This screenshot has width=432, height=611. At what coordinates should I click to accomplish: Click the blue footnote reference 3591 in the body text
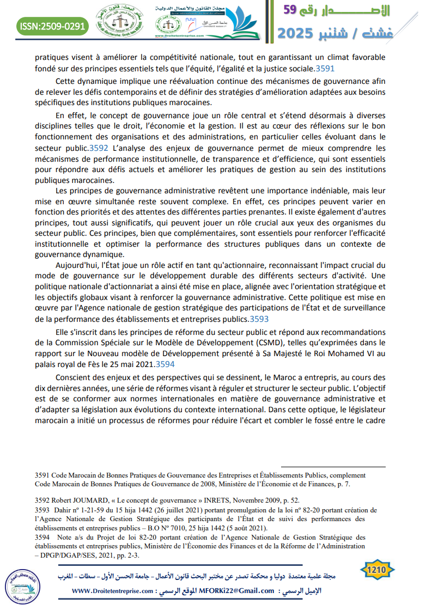325,69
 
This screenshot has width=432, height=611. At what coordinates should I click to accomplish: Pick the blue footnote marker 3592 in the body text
99,148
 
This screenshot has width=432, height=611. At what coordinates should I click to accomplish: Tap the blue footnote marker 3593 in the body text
259,319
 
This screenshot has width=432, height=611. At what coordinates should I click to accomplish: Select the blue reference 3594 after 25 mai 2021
165,364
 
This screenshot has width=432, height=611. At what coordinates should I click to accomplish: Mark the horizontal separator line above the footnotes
333,467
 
